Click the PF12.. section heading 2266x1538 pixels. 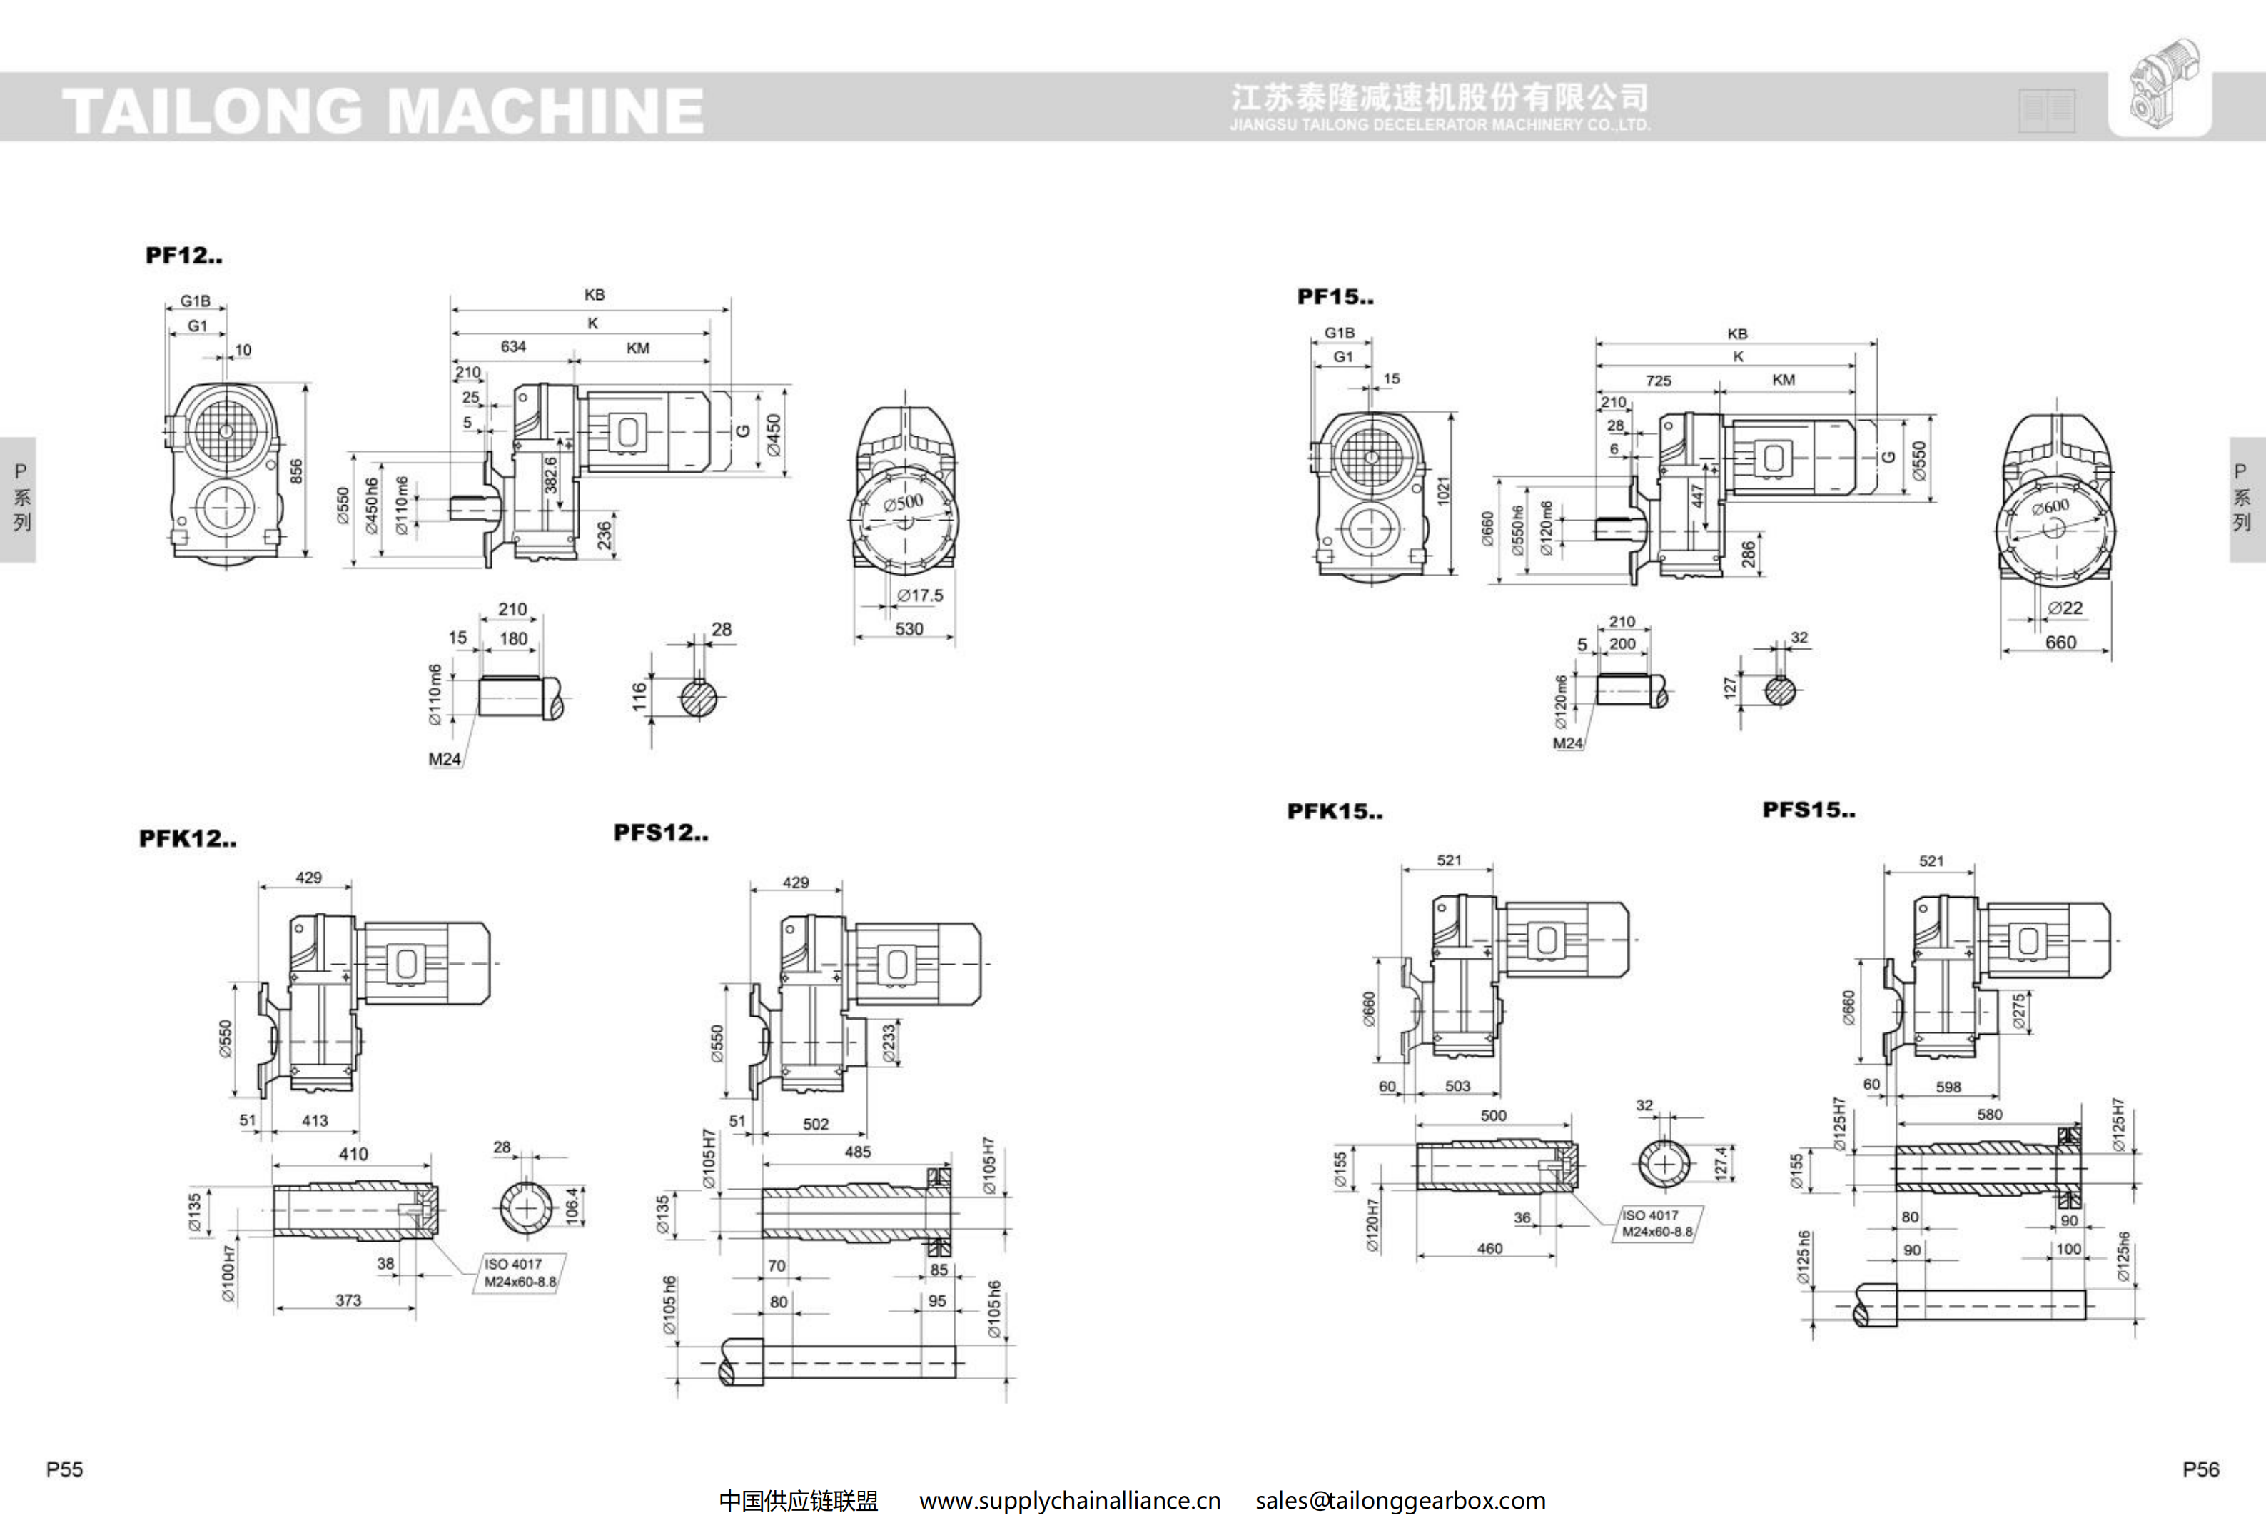[183, 256]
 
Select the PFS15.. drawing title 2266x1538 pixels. [1809, 810]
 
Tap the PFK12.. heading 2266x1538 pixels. [187, 839]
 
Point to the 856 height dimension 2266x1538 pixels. [296, 471]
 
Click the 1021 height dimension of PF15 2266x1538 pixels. [1443, 491]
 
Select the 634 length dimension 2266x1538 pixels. [513, 347]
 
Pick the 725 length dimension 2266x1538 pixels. [1658, 381]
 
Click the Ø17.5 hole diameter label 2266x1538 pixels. [919, 595]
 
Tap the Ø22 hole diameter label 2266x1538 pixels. [2064, 608]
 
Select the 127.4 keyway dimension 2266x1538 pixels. [1720, 1162]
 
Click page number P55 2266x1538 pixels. [64, 1469]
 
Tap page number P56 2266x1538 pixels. [2200, 1469]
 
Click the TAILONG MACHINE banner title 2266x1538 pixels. [383, 109]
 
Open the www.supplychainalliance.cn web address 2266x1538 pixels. [1070, 1501]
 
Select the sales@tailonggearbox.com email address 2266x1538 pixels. [1400, 1501]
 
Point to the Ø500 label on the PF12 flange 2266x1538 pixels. [903, 502]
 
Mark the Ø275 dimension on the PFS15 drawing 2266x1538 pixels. [2018, 1011]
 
